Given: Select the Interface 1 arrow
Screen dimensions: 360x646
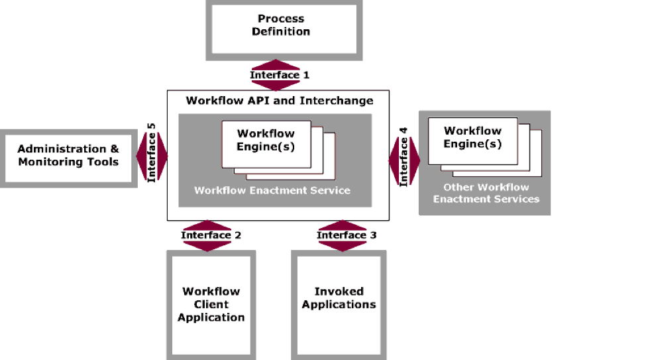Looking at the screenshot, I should click(x=279, y=75).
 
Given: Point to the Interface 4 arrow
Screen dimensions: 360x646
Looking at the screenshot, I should click(x=404, y=160).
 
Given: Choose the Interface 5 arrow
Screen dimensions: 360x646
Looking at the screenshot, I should click(x=152, y=156).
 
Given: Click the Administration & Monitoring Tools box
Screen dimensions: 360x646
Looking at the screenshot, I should click(x=68, y=156).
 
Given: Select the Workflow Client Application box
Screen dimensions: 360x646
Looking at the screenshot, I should click(x=211, y=304).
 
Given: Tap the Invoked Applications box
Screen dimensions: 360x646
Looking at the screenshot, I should click(x=339, y=298).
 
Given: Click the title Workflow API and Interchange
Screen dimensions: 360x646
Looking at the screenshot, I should click(x=279, y=101).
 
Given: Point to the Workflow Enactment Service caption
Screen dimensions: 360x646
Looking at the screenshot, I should click(x=272, y=190).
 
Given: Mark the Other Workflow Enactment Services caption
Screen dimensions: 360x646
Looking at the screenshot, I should click(x=486, y=193).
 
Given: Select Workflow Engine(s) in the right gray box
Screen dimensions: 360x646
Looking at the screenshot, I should click(x=472, y=137).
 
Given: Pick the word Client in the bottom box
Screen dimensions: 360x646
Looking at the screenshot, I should click(x=211, y=304).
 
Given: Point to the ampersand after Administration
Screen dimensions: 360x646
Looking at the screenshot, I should click(x=114, y=149).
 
